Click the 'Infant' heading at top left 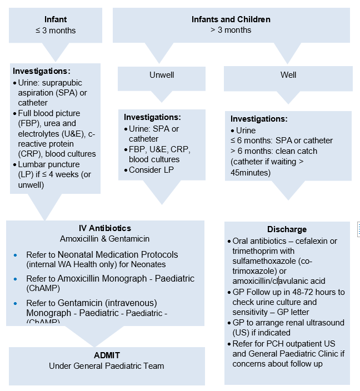click(x=56, y=19)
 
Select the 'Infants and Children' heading click(x=231, y=19)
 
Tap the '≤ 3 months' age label click(x=56, y=30)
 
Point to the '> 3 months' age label click(x=231, y=30)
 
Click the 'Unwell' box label click(x=162, y=74)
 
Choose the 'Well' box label click(x=288, y=74)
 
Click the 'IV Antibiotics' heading click(x=105, y=228)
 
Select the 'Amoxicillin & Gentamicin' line click(x=105, y=239)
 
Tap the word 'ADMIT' click(x=107, y=355)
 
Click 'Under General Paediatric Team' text click(x=107, y=366)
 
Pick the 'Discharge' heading click(x=287, y=229)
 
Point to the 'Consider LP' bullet click(x=152, y=170)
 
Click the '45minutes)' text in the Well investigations click(x=250, y=173)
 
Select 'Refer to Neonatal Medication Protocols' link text click(x=102, y=255)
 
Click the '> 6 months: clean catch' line click(x=274, y=151)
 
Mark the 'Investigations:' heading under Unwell click(x=152, y=118)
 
